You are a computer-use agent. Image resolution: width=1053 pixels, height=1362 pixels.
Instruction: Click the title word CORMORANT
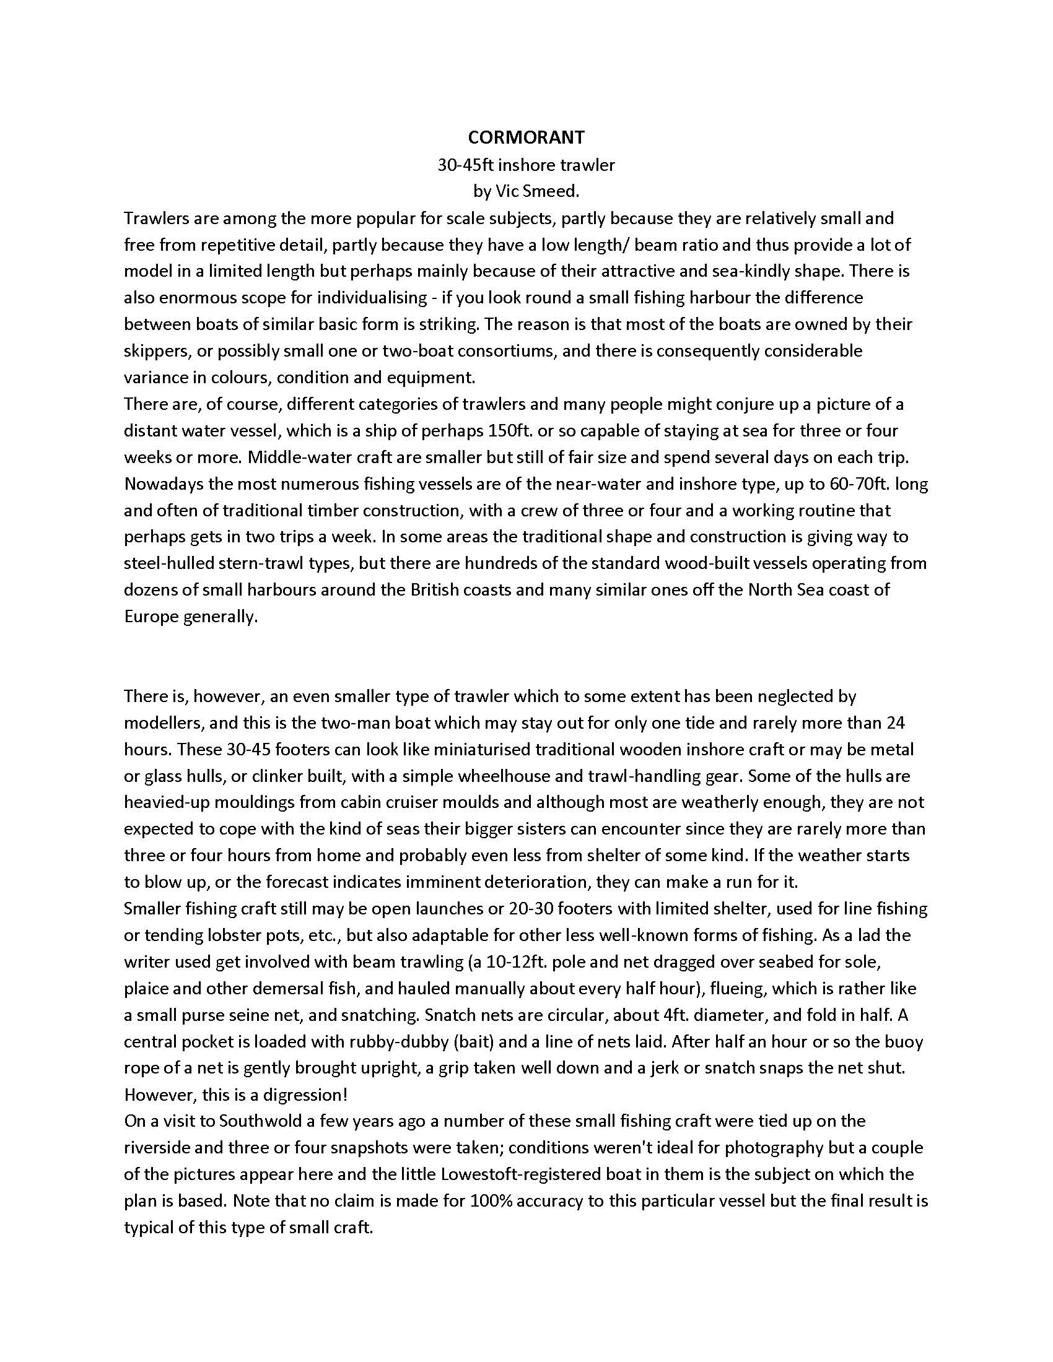coord(526,137)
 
